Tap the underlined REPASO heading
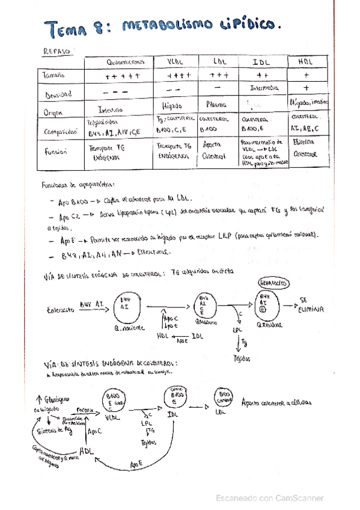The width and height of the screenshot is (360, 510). [58, 52]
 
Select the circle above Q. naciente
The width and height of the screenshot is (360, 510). [127, 307]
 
